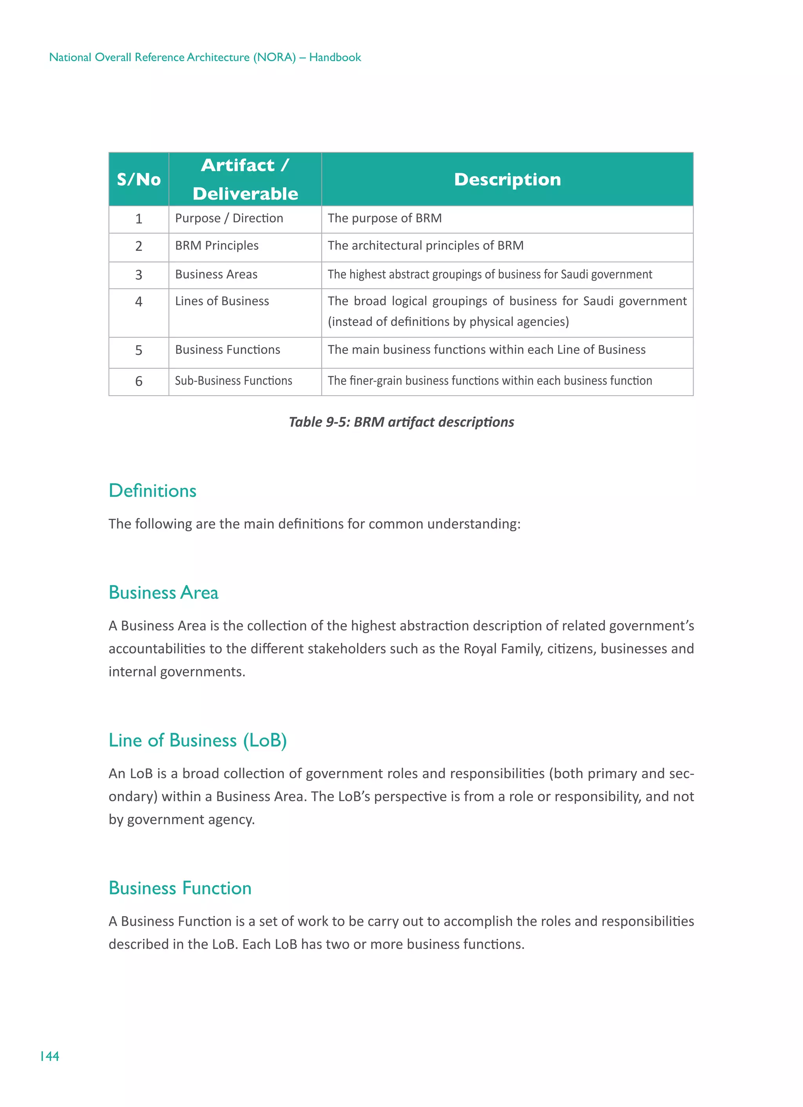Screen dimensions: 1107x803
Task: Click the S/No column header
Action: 139,180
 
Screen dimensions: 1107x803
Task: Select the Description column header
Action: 507,180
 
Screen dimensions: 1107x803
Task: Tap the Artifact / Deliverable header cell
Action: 245,180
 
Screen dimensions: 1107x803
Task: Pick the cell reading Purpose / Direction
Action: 229,218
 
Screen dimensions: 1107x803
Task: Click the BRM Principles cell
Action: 217,245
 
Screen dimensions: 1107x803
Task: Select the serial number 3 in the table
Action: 139,275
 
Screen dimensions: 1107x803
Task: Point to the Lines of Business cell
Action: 222,301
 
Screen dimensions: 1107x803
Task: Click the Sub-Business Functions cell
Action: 233,381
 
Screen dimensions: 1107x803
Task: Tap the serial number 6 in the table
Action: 139,381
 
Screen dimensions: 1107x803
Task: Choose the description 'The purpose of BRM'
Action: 385,218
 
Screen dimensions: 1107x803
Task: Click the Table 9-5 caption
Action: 401,422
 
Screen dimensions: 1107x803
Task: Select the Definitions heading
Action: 152,491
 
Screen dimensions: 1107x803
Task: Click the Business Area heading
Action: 164,593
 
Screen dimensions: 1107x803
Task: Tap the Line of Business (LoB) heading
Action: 198,740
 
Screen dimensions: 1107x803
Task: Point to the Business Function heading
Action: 180,888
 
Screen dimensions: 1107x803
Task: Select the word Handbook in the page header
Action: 335,57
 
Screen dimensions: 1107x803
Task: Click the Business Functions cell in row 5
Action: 227,350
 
